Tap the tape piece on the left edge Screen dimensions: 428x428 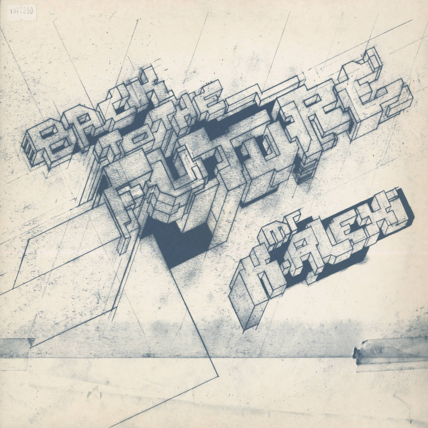coord(16,347)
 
